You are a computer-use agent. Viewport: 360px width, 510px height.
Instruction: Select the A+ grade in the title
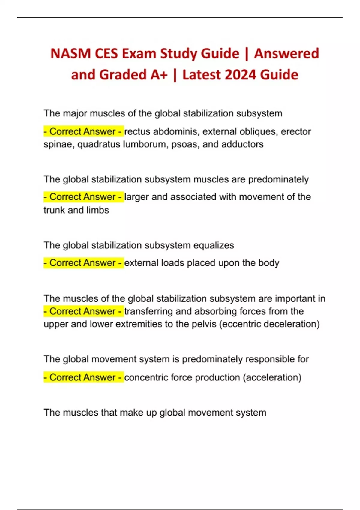[159, 75]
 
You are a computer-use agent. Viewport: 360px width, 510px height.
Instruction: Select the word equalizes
[214, 245]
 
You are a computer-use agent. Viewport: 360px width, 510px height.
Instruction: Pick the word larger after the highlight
[136, 197]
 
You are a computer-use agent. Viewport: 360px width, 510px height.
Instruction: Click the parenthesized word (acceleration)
[272, 377]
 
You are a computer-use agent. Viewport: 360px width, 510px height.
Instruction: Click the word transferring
[148, 311]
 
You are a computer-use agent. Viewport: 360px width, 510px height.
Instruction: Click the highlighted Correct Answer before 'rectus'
[83, 131]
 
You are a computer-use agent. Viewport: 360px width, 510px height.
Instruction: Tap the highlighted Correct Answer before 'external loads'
[83, 263]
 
